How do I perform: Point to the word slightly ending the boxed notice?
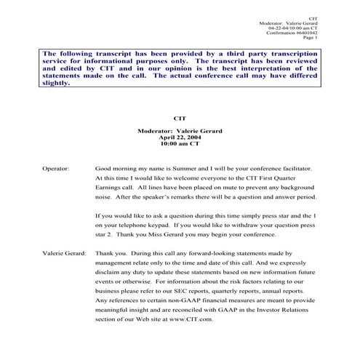(x=56, y=83)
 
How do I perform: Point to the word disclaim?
(x=109, y=271)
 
